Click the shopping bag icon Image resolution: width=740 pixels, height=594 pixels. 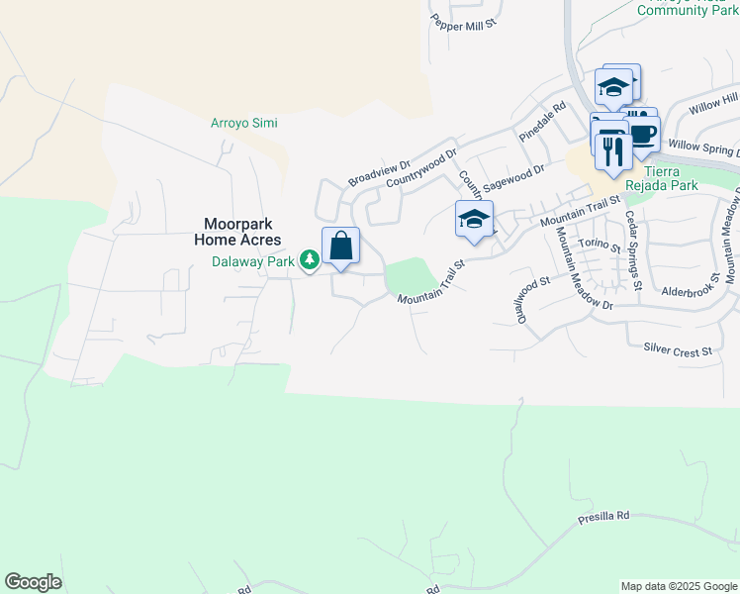(x=340, y=247)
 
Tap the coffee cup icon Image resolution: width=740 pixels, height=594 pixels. (x=643, y=135)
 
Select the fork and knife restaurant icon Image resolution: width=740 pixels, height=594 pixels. (x=614, y=151)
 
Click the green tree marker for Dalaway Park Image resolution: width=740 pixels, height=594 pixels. (x=311, y=260)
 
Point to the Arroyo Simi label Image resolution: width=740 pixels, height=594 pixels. (x=244, y=123)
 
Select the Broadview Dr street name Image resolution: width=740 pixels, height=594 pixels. (x=379, y=174)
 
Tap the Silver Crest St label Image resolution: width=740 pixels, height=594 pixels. (x=678, y=350)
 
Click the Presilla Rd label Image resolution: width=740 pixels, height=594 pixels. (x=603, y=516)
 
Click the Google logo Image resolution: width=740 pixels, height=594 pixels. (x=33, y=582)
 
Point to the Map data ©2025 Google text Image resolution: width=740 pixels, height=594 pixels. (x=679, y=586)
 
